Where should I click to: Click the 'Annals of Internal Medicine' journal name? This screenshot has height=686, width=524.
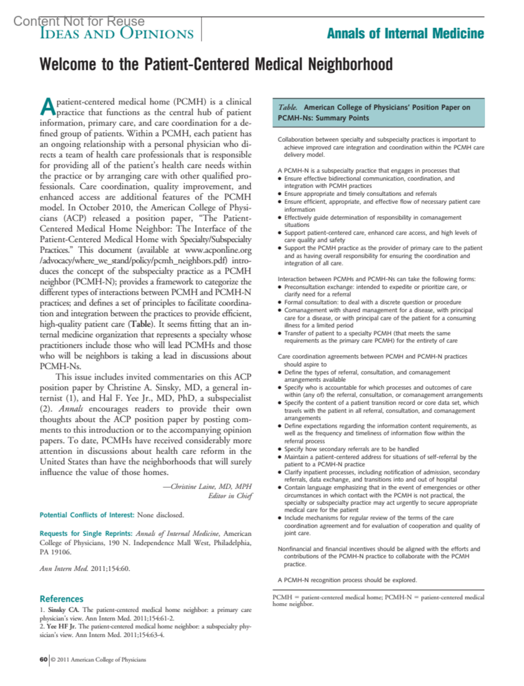pos(405,34)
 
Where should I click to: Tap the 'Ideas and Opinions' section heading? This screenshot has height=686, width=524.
pos(117,34)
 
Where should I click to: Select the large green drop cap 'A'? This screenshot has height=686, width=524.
pos(47,107)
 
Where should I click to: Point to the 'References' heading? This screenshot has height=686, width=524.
pos(61,599)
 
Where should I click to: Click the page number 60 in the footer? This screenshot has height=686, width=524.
pos(43,659)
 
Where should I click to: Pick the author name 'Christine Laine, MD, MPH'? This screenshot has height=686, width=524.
pos(211,486)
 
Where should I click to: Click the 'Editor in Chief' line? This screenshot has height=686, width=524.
pos(230,496)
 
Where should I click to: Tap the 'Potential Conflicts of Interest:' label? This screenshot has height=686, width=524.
pos(87,515)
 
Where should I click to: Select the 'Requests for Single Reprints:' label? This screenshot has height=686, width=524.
pos(86,534)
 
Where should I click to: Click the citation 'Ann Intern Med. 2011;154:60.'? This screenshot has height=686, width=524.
pos(85,569)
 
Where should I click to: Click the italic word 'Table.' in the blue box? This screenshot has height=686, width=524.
pos(288,107)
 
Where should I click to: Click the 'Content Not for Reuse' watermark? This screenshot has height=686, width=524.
pos(79,21)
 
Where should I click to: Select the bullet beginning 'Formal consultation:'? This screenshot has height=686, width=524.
pos(372,302)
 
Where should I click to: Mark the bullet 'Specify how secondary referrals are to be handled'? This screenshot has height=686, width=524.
pos(351,449)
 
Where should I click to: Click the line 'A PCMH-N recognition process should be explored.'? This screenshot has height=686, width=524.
pos(347,580)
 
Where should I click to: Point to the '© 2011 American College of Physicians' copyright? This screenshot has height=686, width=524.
pos(98,659)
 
